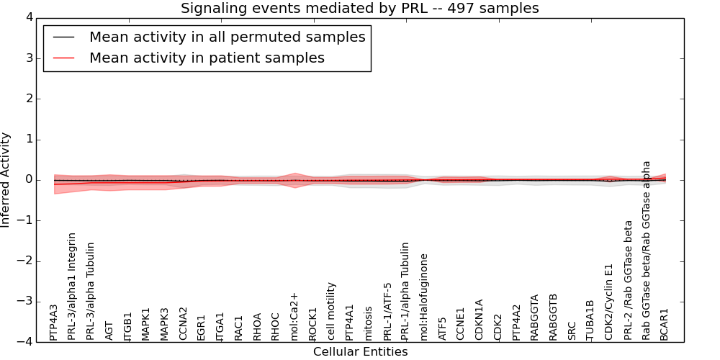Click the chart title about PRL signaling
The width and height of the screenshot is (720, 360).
point(359,9)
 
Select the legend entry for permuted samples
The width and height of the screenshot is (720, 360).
point(227,37)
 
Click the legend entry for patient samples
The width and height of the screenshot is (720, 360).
point(207,58)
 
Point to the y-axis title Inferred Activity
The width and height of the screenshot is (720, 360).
point(6,180)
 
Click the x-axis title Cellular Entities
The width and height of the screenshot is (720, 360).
point(360,352)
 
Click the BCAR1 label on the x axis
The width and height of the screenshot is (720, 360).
point(664,323)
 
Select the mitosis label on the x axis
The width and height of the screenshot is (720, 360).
point(368,323)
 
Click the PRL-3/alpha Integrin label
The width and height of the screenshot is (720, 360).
point(72,286)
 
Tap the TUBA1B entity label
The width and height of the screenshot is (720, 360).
point(590,320)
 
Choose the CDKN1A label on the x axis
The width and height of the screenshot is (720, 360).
point(479,320)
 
